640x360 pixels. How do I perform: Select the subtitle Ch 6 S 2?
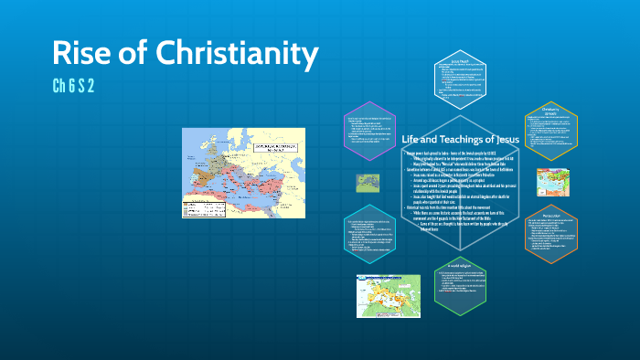[74, 87]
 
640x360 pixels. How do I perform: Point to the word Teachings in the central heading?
[466, 139]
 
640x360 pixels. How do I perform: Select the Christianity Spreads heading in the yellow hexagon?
[550, 112]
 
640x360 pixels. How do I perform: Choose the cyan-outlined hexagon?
[371, 236]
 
